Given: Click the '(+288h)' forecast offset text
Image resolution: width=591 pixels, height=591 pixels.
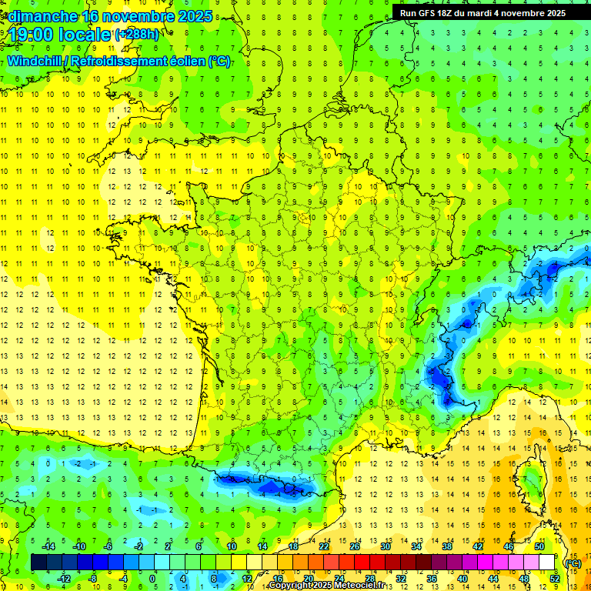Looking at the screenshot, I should (x=137, y=34).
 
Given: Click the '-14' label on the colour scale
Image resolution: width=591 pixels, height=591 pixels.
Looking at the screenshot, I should (x=51, y=546).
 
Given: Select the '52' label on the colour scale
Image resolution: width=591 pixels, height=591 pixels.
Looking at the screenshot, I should (x=554, y=579).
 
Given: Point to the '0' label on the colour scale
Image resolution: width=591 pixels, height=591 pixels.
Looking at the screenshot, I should (x=152, y=579).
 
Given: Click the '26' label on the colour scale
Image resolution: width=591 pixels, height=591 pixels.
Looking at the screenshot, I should (x=355, y=546).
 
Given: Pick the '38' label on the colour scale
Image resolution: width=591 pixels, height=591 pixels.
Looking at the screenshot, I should (x=447, y=546).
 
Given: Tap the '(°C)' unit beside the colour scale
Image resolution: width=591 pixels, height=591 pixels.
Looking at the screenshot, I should (x=573, y=563).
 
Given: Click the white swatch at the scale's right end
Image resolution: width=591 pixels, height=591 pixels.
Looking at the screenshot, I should (x=547, y=563).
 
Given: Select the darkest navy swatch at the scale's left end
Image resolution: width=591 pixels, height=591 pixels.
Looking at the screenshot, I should (x=39, y=563).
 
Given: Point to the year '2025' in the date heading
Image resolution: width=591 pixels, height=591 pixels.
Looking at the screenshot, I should (x=196, y=16).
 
